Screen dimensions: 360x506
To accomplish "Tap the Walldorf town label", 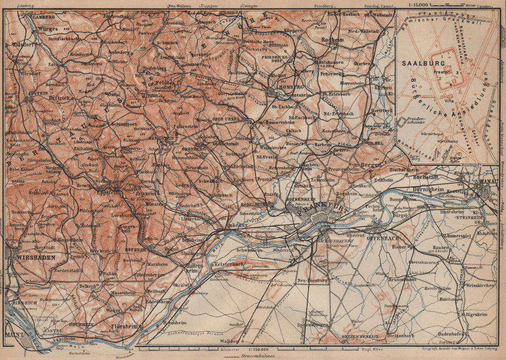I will pyautogui.click(x=229, y=341).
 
